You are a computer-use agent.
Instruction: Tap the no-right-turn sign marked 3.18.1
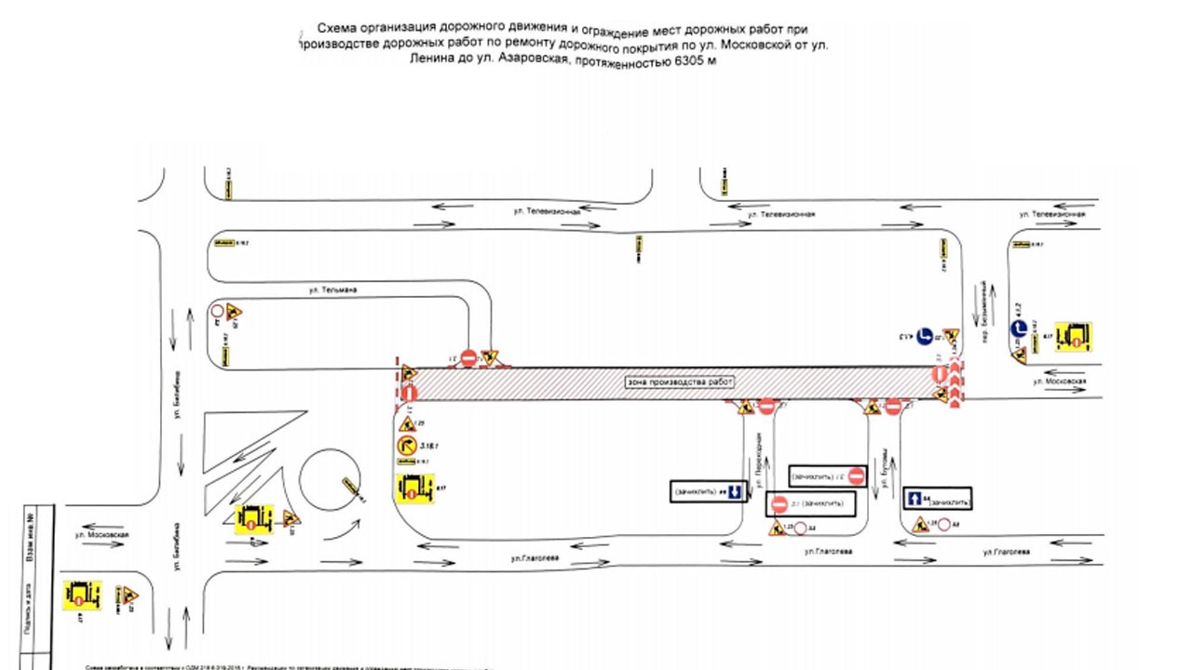click(x=407, y=448)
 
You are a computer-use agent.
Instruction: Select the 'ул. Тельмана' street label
click(x=333, y=290)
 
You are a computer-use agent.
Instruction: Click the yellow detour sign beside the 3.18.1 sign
click(x=415, y=489)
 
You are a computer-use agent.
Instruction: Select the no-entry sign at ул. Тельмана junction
click(x=468, y=355)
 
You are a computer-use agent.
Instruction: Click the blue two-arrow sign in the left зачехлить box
click(x=734, y=490)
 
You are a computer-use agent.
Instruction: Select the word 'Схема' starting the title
click(x=337, y=28)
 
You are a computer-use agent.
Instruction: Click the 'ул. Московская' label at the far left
click(x=102, y=535)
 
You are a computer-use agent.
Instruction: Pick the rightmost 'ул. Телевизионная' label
click(x=1052, y=215)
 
